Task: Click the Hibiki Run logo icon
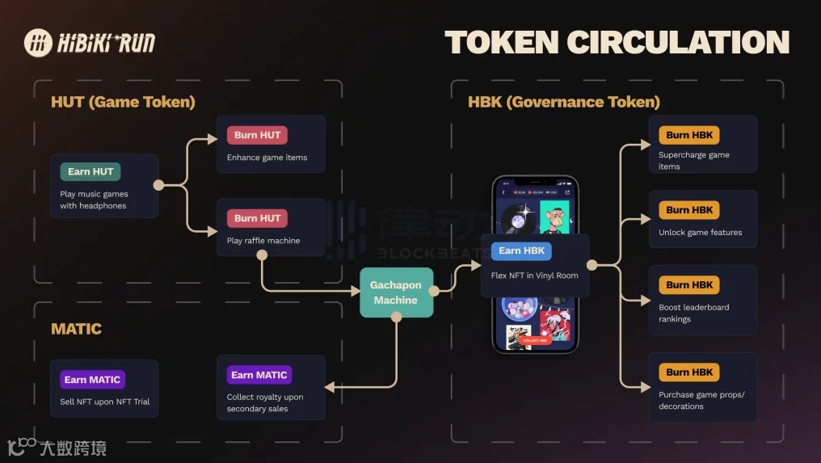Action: pyautogui.click(x=38, y=44)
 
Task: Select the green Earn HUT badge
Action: pyautogui.click(x=90, y=171)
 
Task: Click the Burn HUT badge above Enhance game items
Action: pyautogui.click(x=257, y=135)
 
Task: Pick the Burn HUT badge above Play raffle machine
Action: pyautogui.click(x=257, y=218)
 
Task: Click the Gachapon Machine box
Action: pyautogui.click(x=396, y=293)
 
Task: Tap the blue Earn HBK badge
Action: pyautogui.click(x=521, y=250)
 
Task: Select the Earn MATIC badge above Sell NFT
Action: pyautogui.click(x=92, y=380)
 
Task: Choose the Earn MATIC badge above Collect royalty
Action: pyautogui.click(x=259, y=375)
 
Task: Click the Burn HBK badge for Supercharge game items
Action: pyautogui.click(x=689, y=135)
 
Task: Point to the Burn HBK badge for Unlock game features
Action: pyautogui.click(x=689, y=210)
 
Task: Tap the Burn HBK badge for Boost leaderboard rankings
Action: pyautogui.click(x=689, y=285)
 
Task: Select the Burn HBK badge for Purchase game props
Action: pyautogui.click(x=689, y=373)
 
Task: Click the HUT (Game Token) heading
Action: pyautogui.click(x=123, y=103)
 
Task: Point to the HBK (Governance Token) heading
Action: pyautogui.click(x=564, y=103)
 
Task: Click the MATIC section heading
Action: pyautogui.click(x=76, y=329)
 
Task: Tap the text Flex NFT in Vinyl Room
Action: pyautogui.click(x=534, y=276)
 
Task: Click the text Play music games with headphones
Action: pyautogui.click(x=94, y=200)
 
